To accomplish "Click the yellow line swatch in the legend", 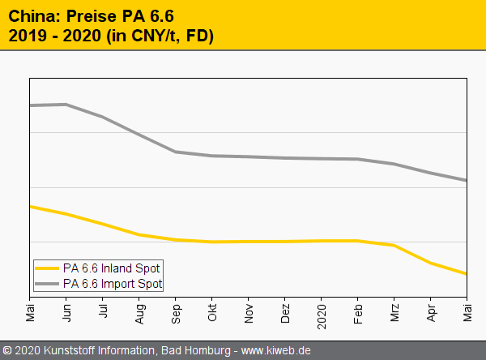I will [48, 268].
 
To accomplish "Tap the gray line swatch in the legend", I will [48, 284].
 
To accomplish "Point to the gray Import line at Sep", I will [176, 152].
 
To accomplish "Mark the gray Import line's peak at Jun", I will [66, 104].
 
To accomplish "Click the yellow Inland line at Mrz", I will [394, 245].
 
